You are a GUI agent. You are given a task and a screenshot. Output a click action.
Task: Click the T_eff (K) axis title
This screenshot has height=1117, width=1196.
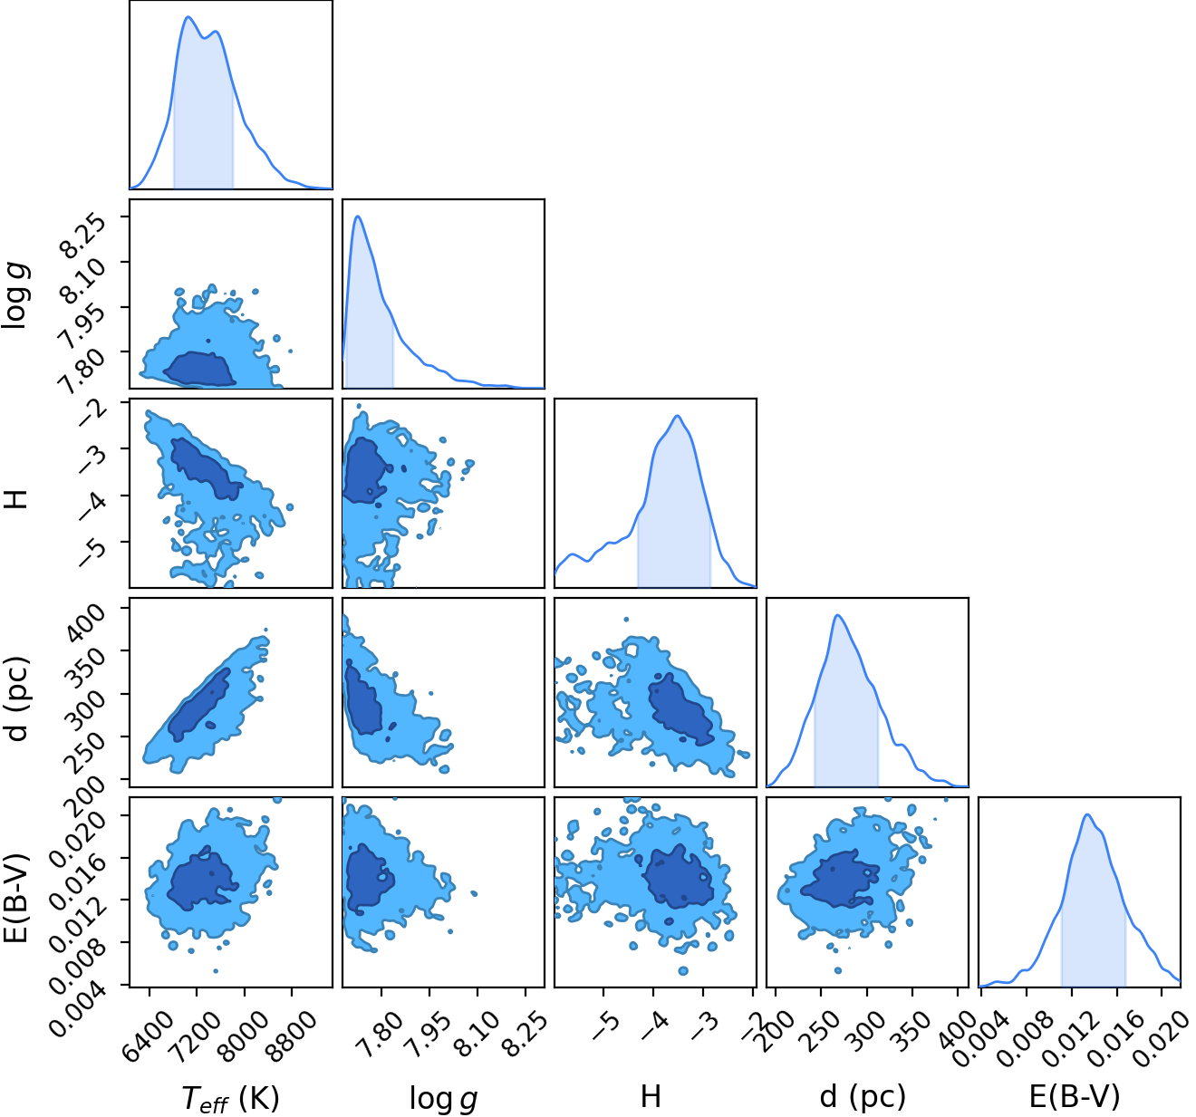click(230, 1098)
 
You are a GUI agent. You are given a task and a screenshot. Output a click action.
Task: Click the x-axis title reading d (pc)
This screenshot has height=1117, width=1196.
click(863, 1097)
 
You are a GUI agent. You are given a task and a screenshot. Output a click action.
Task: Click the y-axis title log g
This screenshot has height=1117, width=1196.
click(15, 295)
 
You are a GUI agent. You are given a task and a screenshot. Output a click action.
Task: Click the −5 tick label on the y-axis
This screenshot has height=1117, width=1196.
click(92, 553)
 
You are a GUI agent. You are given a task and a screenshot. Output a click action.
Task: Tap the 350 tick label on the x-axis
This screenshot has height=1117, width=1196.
click(911, 1030)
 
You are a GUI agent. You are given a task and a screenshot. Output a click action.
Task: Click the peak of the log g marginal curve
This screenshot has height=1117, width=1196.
click(358, 217)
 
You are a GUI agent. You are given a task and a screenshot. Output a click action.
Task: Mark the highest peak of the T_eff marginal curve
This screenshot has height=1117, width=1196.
click(188, 17)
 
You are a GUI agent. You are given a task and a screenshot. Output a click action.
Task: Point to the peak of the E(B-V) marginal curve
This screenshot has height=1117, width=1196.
click(1087, 814)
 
